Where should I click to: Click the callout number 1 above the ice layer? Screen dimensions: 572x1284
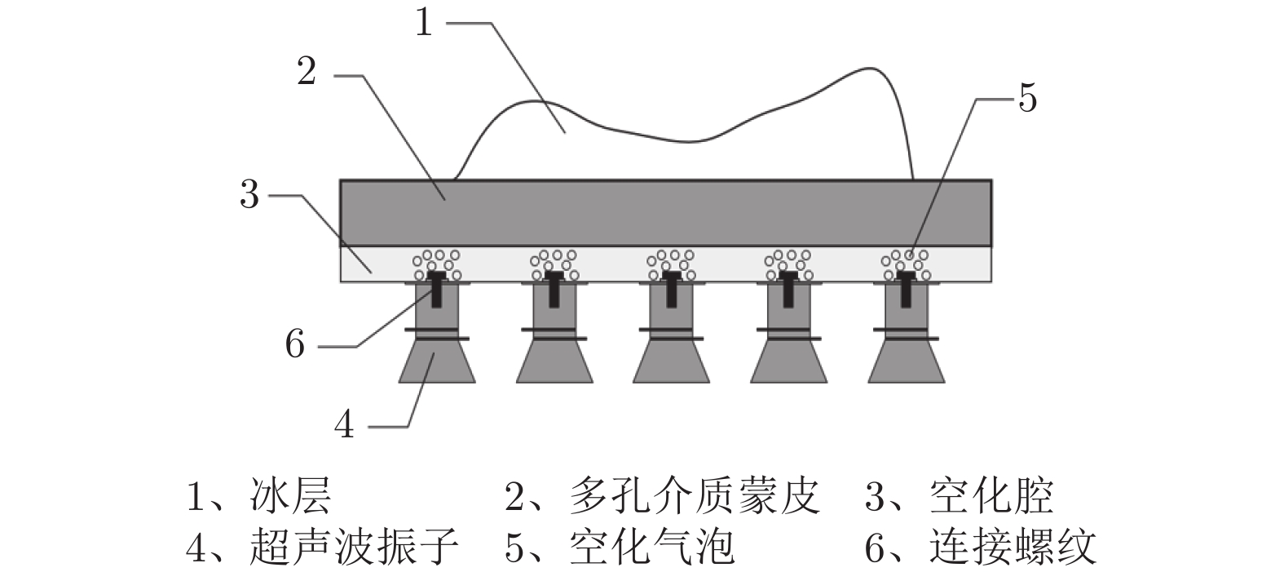click(x=423, y=22)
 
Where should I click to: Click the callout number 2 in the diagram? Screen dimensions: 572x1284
click(x=307, y=72)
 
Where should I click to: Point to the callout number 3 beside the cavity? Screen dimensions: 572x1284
click(x=249, y=195)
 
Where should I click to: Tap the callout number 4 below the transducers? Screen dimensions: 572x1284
click(x=345, y=425)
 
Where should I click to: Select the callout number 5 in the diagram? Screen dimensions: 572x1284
click(x=1027, y=98)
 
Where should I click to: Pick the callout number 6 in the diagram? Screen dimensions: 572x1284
click(x=294, y=344)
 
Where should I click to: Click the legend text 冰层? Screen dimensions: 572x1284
click(x=291, y=497)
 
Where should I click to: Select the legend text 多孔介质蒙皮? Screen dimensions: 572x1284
click(x=694, y=497)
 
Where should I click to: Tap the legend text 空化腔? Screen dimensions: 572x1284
click(x=991, y=497)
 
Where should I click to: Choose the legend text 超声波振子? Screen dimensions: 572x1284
click(x=354, y=547)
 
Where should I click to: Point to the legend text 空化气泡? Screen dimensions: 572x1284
click(x=652, y=547)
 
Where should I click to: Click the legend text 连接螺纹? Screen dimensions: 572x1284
click(x=1013, y=547)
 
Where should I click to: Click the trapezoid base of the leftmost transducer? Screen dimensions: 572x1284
click(x=436, y=362)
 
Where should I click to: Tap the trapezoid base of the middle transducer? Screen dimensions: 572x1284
click(x=671, y=362)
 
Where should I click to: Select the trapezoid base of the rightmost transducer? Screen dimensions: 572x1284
click(x=906, y=362)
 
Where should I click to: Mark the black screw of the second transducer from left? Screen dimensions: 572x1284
click(x=554, y=290)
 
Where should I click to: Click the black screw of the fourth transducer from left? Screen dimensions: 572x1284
click(x=788, y=290)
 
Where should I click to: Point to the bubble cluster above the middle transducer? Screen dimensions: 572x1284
click(x=671, y=263)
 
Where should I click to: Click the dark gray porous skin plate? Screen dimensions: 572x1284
click(x=665, y=212)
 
